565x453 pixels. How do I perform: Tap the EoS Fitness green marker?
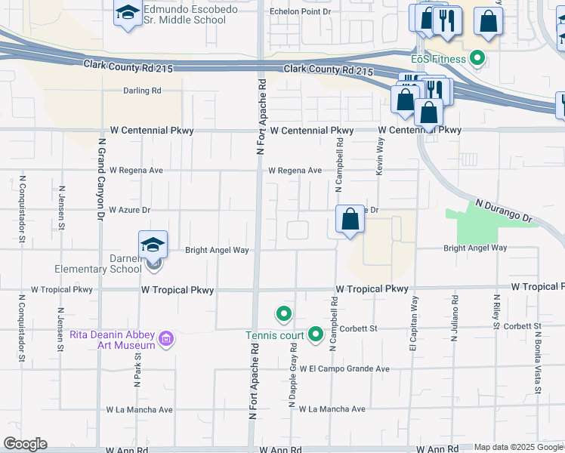(x=477, y=57)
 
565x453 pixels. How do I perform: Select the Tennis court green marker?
(x=316, y=334)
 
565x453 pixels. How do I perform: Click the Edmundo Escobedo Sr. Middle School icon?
(x=128, y=13)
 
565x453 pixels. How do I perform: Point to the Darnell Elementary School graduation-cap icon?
(x=153, y=245)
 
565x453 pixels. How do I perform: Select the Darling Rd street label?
(x=143, y=91)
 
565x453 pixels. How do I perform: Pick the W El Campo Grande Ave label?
(x=344, y=369)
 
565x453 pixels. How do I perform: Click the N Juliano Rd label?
(x=456, y=317)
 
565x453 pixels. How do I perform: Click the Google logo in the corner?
(x=25, y=444)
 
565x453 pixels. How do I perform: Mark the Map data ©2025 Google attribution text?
(x=519, y=447)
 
